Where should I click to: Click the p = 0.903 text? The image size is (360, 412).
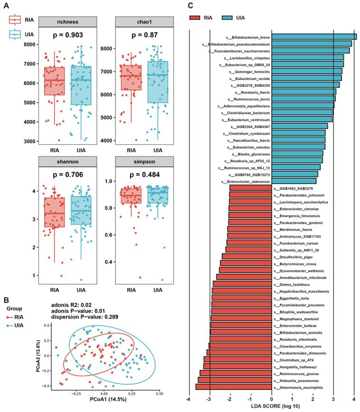(67, 36)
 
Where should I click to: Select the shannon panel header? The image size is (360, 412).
(67, 163)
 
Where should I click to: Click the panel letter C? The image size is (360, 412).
(190, 6)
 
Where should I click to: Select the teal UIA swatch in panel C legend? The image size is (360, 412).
(244, 18)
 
